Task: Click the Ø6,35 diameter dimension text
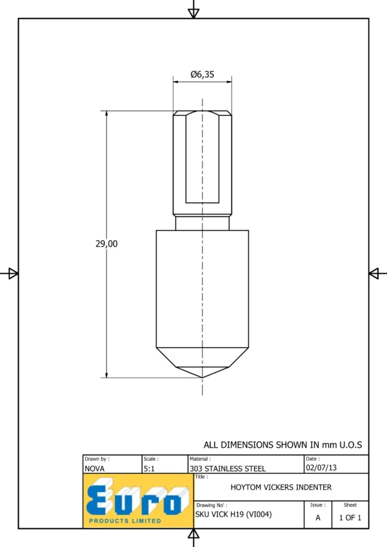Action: pos(203,74)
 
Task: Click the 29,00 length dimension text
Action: pos(106,244)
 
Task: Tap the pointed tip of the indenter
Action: pos(203,378)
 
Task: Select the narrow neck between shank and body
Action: pos(203,223)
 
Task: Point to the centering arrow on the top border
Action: pos(193,14)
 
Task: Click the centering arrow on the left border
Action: pos(14,273)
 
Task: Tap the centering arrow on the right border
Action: pos(373,273)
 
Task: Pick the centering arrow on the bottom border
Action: pos(193,533)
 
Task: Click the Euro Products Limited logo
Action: pos(138,501)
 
